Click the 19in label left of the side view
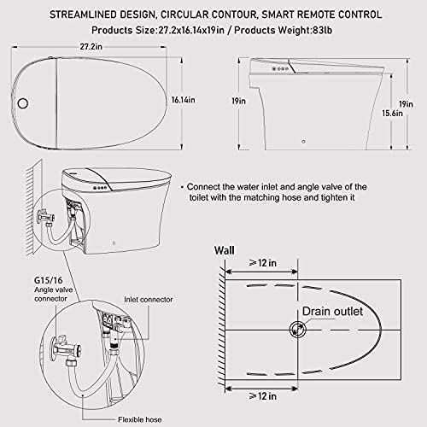242,101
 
